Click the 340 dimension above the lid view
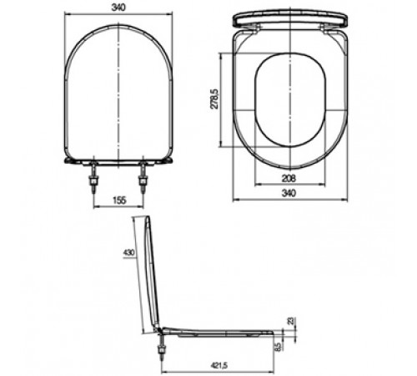[x=118, y=8]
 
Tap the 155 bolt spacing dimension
[x=119, y=200]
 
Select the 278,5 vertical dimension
[x=214, y=99]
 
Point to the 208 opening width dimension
[x=289, y=178]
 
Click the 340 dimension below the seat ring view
[x=289, y=193]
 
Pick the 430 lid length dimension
[x=128, y=253]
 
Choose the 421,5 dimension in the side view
[x=219, y=365]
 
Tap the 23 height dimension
[x=291, y=321]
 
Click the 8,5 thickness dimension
[x=278, y=347]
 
